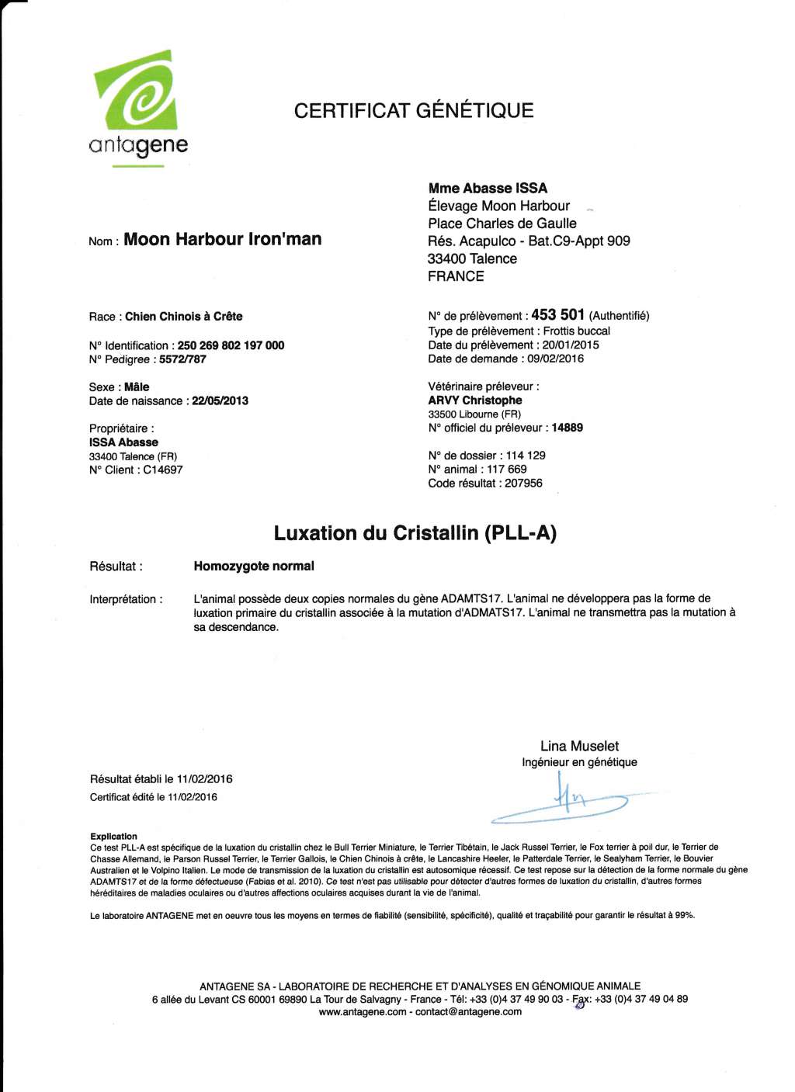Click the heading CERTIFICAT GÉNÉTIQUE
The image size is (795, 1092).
(414, 110)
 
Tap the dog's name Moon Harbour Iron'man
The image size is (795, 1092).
(222, 239)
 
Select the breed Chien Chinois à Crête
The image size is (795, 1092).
(183, 316)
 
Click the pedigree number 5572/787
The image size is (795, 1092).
(182, 359)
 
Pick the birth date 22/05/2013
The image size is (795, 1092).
(220, 400)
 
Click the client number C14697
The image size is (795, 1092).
(163, 470)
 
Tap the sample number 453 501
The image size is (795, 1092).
(557, 315)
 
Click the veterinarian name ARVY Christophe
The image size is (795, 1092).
(474, 400)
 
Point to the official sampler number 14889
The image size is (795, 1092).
(567, 428)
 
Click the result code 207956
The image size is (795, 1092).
(524, 483)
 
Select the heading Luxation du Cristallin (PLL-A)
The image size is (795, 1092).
(415, 533)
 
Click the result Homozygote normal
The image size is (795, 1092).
(254, 566)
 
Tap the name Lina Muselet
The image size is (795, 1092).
(579, 746)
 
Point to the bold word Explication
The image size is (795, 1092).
(113, 836)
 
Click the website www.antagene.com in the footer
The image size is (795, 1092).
(363, 1012)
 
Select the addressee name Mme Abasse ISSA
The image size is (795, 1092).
(488, 188)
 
